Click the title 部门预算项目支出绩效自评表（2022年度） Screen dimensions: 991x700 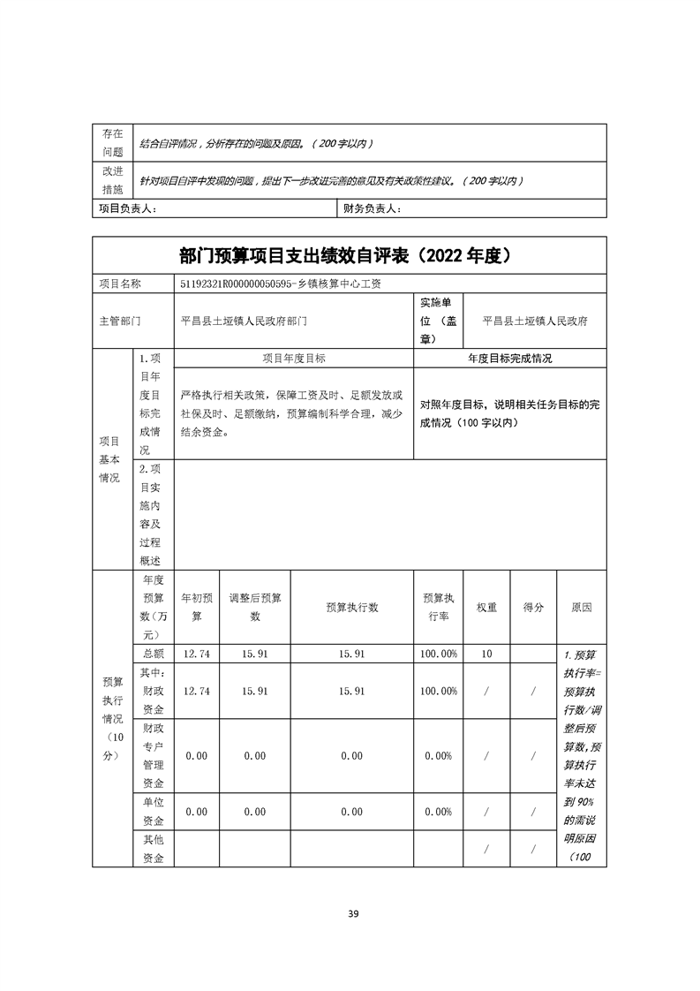point(350,256)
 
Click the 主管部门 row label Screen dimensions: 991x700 point(119,322)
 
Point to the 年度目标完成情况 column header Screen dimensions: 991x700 point(509,359)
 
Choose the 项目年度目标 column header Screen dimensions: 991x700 point(293,359)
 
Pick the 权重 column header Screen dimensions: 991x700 point(486,608)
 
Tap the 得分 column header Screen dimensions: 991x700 point(533,608)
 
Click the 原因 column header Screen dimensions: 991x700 point(581,608)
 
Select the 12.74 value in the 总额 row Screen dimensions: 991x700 point(197,654)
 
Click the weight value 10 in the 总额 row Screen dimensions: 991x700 point(486,654)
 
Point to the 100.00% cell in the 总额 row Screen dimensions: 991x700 point(440,654)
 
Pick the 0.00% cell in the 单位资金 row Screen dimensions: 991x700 point(439,812)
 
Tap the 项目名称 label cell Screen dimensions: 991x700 point(119,284)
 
